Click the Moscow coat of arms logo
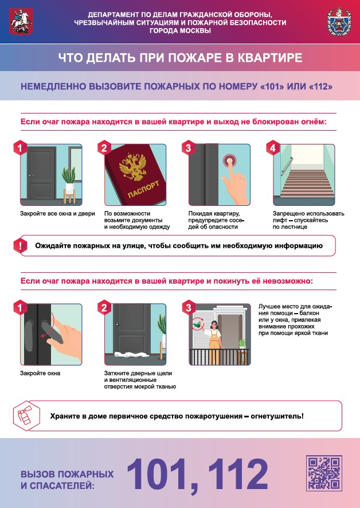[21, 21]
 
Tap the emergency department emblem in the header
[339, 22]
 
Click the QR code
[324, 473]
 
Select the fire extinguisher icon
[26, 416]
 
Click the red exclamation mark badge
[21, 245]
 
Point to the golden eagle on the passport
[132, 166]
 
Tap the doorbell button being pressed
[229, 160]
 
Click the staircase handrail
[287, 166]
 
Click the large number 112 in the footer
[237, 474]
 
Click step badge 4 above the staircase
[273, 148]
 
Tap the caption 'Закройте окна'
[40, 373]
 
